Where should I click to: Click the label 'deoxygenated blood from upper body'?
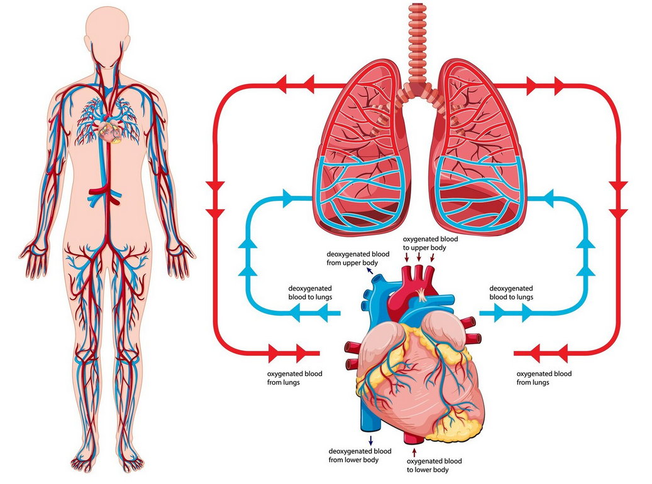pos(358,258)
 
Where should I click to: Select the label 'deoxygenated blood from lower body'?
pos(360,455)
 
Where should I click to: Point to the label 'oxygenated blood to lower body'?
pos(434,465)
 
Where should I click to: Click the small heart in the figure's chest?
pos(110,129)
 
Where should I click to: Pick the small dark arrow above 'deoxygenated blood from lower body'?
pos(370,441)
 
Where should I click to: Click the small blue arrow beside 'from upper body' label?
pos(370,271)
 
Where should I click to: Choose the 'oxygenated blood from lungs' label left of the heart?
pos(294,378)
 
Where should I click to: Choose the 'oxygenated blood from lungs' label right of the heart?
pos(544,378)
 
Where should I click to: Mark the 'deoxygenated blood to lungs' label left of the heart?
pos(310,293)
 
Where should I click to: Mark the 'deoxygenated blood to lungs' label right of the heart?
pos(511,293)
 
